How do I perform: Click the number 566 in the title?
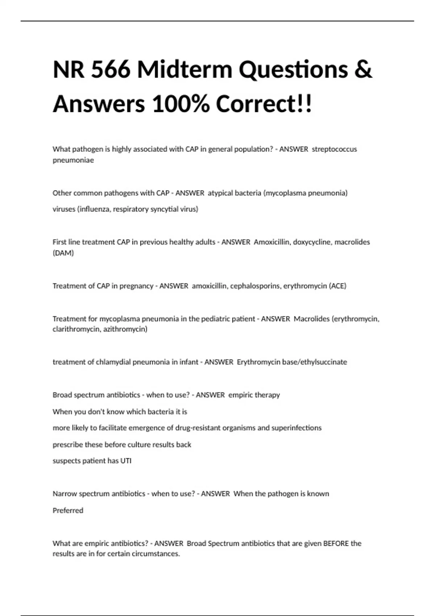(111, 69)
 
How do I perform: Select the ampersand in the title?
(363, 69)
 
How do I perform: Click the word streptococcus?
(334, 149)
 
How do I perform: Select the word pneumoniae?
(73, 160)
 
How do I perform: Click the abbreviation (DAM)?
(63, 253)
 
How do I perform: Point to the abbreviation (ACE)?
(337, 286)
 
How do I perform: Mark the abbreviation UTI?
(126, 461)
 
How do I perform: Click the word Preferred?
(68, 511)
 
